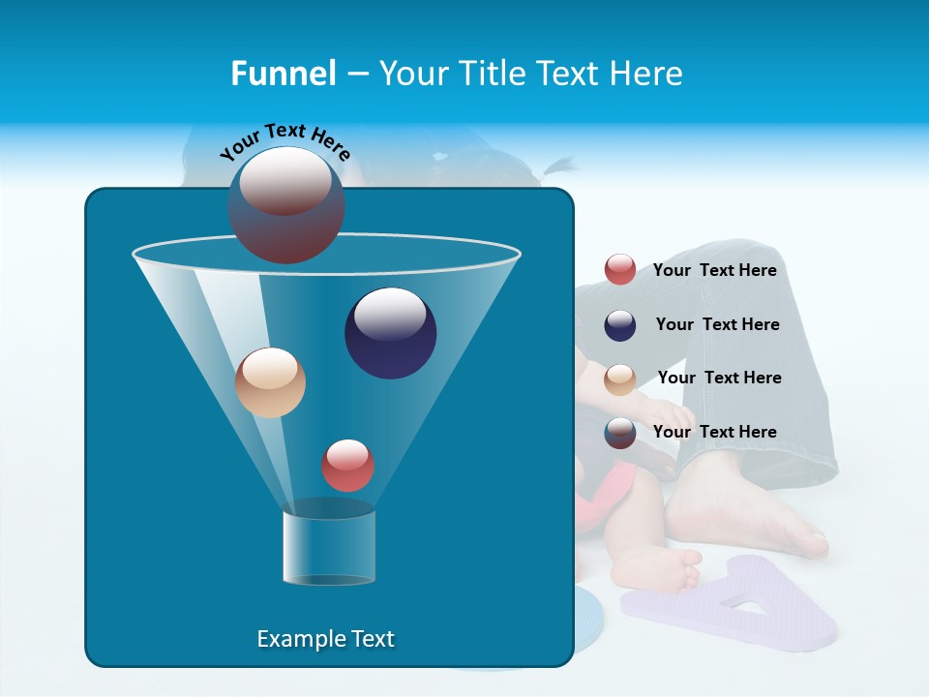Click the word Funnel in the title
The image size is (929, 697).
[283, 74]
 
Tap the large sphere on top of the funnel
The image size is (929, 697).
[285, 205]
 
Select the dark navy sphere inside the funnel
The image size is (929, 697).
[390, 333]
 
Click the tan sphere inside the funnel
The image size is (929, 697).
[270, 382]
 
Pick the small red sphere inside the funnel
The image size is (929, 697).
[347, 466]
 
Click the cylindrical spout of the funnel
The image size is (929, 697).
[329, 546]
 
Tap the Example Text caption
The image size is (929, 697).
[325, 639]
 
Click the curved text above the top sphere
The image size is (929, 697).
[285, 139]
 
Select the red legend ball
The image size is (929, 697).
[620, 270]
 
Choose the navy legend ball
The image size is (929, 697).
[620, 325]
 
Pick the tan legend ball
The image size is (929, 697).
[620, 379]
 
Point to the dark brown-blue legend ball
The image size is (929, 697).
[620, 433]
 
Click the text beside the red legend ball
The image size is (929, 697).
[714, 271]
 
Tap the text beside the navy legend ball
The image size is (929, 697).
[717, 324]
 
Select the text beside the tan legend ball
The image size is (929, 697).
[719, 378]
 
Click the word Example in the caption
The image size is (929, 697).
[296, 639]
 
